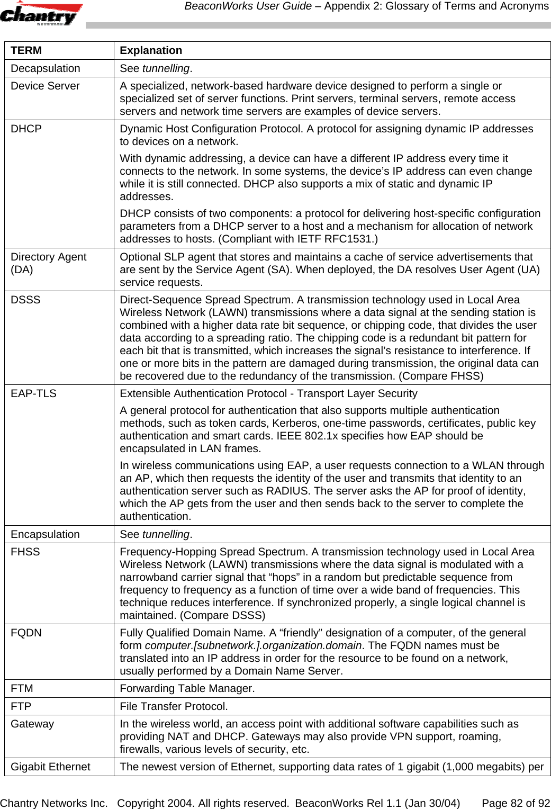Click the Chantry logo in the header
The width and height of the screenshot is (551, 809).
pos(41,14)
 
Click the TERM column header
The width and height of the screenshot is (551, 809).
pos(26,50)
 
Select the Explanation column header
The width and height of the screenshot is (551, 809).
pos(151,50)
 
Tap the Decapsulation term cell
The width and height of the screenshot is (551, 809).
pos(46,68)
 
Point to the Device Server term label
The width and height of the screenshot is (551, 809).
pos(45,86)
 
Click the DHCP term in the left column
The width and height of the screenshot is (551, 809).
pos(26,129)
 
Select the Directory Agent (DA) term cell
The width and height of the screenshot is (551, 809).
pos(48,263)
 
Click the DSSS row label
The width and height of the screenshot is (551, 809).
pos(25,300)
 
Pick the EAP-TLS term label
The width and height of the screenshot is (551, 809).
pos(33,393)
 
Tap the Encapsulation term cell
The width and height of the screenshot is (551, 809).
pos(45,534)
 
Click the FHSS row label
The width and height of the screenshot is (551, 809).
pos(25,552)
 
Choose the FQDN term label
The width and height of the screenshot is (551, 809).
pos(26,633)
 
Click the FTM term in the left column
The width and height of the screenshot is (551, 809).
pos(22,688)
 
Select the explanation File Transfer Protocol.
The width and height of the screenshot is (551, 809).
pos(174,706)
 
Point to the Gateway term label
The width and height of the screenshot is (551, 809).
pos(32,724)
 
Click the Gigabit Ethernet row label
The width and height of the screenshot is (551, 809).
pos(50,767)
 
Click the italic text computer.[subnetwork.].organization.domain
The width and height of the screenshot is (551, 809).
pos(254,645)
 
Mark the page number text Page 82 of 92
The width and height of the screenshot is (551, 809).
pos(515,803)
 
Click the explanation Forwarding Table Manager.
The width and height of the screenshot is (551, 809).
pos(187,688)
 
